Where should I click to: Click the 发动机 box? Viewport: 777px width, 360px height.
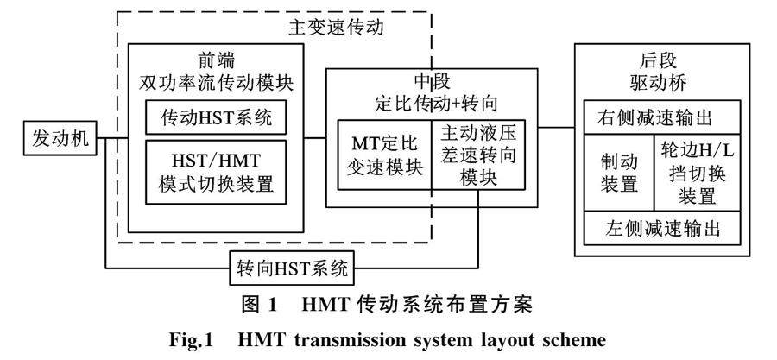[60, 138]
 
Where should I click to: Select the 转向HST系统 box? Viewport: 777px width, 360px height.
[293, 268]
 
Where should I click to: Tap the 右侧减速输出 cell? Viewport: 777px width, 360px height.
[660, 117]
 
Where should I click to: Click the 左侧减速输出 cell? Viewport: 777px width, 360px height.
[660, 231]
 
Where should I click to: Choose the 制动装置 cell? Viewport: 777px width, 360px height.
[619, 173]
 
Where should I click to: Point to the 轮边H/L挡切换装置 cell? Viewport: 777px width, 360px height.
[696, 173]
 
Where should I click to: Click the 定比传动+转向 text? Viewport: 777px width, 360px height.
[428, 103]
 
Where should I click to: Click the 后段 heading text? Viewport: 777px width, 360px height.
[660, 63]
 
